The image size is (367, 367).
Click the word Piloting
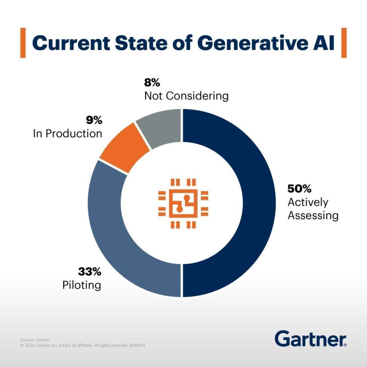(x=81, y=286)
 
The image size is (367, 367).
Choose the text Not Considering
(x=186, y=96)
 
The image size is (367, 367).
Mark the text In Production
(x=67, y=134)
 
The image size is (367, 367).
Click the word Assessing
(x=313, y=215)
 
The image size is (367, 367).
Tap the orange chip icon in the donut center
(x=183, y=203)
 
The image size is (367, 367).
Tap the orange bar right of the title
(x=344, y=43)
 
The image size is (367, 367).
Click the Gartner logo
(x=310, y=339)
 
